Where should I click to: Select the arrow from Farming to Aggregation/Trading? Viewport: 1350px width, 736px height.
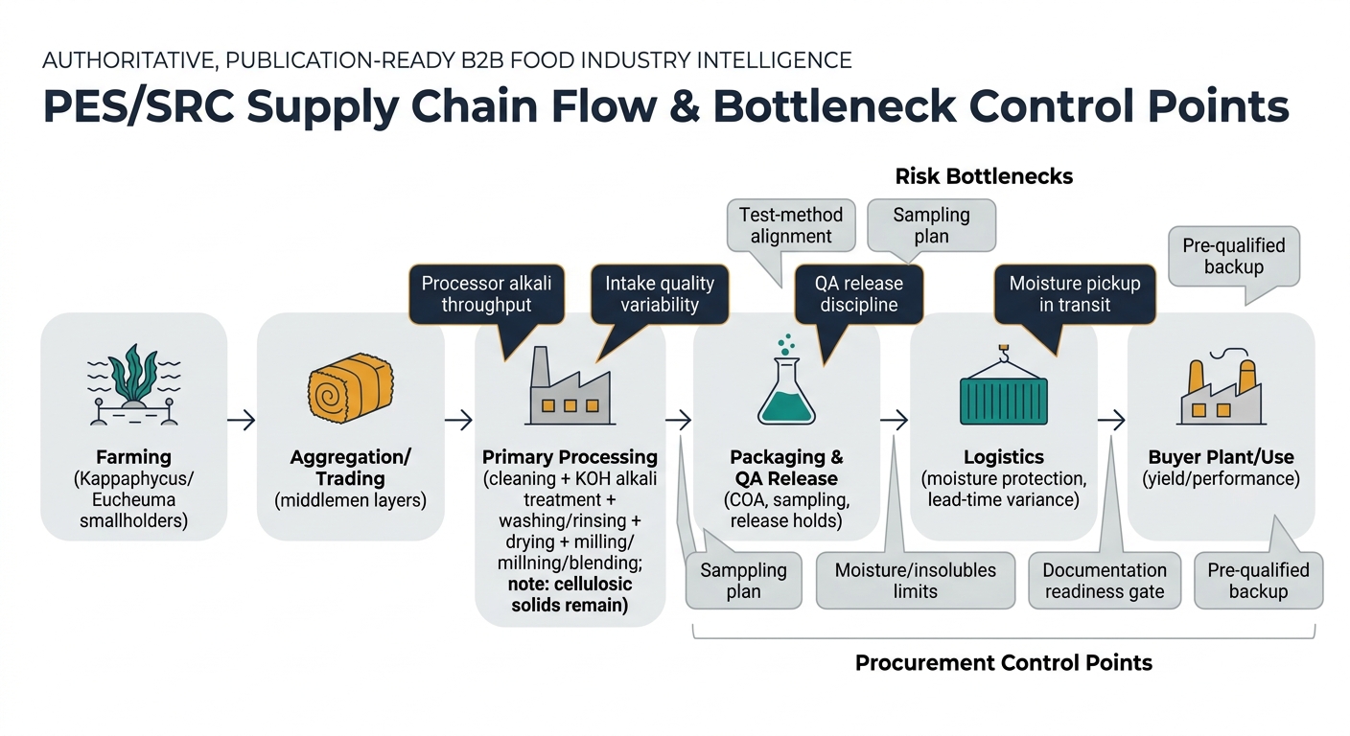pos(242,420)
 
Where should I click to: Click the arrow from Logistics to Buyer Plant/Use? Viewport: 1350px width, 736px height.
pos(1111,420)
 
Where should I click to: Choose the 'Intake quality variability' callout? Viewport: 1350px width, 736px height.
pos(659,294)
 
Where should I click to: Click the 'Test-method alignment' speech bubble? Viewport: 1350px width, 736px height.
pos(791,225)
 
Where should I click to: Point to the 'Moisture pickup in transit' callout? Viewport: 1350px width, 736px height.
pos(1074,294)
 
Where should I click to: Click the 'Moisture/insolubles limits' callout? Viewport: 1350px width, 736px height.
pos(915,581)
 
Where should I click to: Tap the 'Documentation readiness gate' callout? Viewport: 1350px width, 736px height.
pos(1105,581)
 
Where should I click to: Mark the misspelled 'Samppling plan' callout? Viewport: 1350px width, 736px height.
pos(743,581)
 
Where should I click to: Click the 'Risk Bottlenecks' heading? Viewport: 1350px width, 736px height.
pos(984,176)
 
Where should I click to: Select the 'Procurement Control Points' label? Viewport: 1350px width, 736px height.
pos(1003,662)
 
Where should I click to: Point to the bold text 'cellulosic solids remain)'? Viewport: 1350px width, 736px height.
pos(570,595)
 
